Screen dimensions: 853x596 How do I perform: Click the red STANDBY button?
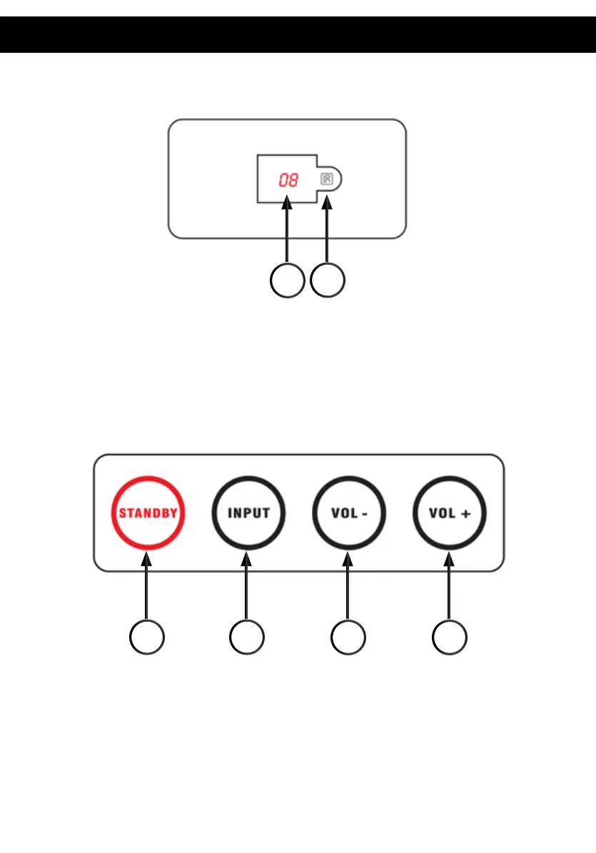148,513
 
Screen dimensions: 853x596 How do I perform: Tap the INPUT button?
248,513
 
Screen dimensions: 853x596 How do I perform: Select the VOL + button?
450,513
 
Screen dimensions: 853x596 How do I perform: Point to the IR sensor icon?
327,179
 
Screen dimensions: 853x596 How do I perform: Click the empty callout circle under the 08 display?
288,280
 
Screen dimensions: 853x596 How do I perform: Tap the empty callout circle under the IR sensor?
328,280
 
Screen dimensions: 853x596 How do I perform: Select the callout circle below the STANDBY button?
147,637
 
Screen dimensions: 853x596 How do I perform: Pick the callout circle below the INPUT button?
246,637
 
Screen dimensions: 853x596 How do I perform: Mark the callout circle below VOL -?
348,637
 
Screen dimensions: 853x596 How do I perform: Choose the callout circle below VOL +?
450,637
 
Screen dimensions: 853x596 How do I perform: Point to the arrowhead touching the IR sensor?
328,206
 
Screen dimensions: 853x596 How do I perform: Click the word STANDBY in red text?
148,513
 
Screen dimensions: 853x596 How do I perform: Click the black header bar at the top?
298,35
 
